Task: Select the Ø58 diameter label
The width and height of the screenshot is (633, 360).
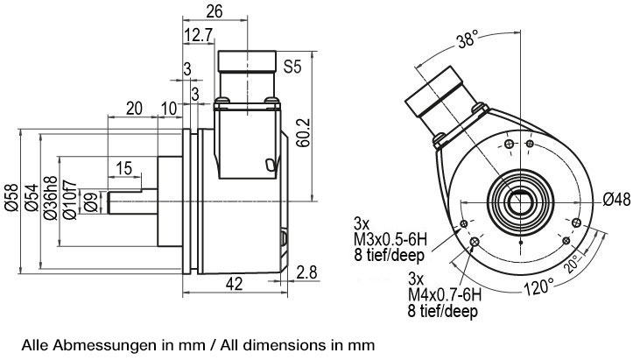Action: [x=11, y=197]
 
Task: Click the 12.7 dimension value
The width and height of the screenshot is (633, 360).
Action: [x=198, y=36]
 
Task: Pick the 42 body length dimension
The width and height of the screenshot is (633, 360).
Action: [x=234, y=284]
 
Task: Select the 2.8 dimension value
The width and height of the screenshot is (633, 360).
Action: [x=306, y=272]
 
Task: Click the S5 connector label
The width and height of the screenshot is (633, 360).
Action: [x=292, y=67]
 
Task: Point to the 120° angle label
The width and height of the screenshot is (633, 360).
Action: [x=539, y=287]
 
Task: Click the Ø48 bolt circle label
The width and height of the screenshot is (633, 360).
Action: [x=616, y=199]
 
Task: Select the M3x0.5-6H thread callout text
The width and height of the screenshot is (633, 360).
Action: [x=390, y=240]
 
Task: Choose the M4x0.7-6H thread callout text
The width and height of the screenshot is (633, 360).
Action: [x=445, y=295]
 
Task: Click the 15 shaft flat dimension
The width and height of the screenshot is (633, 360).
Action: [x=124, y=168]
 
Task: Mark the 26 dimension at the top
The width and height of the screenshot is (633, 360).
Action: [x=215, y=11]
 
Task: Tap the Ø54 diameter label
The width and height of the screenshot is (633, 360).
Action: [x=32, y=197]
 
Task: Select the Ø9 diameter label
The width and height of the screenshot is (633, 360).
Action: [x=91, y=202]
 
